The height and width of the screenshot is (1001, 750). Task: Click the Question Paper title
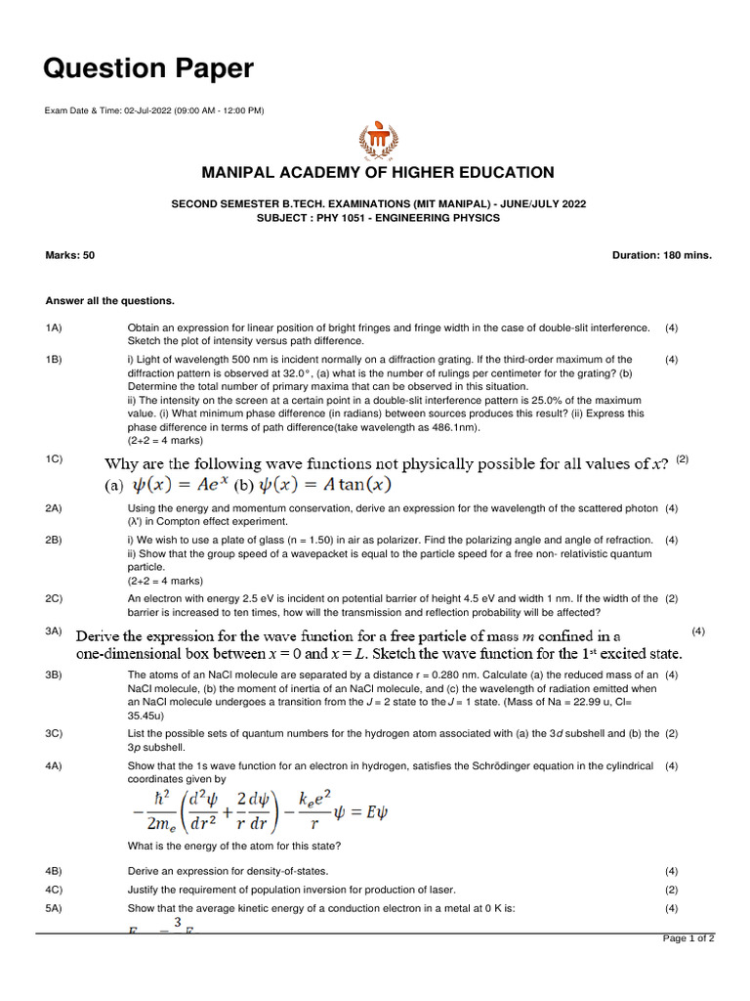pos(148,68)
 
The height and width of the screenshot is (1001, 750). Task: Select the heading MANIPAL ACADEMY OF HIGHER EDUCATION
pos(377,173)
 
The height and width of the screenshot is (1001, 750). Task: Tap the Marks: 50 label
pos(70,255)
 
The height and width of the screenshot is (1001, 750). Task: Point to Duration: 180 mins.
pos(662,255)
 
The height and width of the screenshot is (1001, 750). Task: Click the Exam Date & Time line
pos(154,110)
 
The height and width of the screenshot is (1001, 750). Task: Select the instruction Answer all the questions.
pos(110,300)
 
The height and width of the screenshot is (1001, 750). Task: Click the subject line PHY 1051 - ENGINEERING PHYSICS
pos(377,218)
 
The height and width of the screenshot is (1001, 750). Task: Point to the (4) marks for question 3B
pos(671,675)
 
